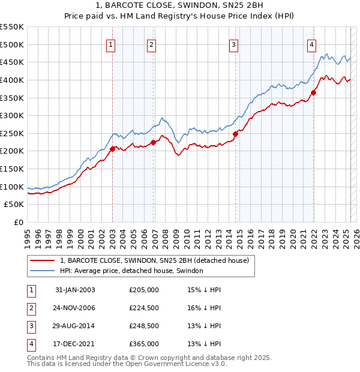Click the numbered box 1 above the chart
112,44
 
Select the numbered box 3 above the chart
233,44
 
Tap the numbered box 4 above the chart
312,44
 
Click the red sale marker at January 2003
112,149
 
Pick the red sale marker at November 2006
153,142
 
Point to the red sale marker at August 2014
235,134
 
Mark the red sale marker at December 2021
313,92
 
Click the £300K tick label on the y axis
12,115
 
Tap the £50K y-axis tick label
14,205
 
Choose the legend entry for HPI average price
131,271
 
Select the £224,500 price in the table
144,308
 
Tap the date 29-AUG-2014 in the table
75,326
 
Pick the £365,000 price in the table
144,344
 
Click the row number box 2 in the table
31,308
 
